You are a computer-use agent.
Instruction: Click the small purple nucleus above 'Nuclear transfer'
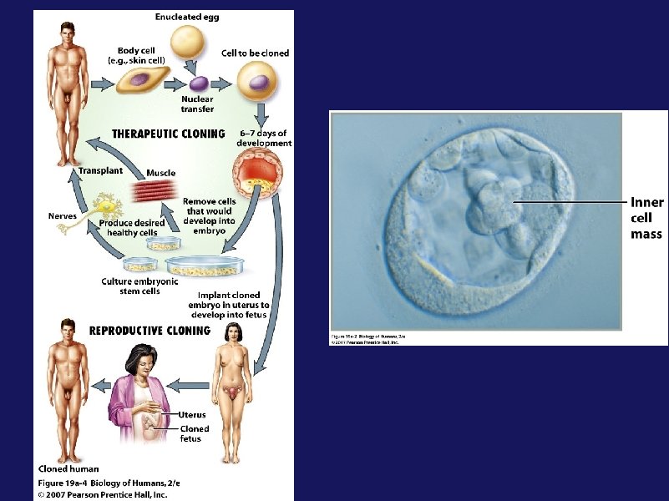click(x=200, y=83)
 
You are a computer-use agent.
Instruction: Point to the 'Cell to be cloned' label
click(x=255, y=53)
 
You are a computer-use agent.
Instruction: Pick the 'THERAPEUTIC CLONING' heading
click(x=168, y=133)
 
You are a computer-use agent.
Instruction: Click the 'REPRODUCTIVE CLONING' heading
click(x=150, y=330)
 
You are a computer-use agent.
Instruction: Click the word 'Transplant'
click(x=100, y=170)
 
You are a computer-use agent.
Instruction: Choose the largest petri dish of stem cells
click(x=205, y=266)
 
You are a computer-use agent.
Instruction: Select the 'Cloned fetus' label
click(x=195, y=433)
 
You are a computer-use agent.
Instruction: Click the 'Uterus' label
click(x=192, y=414)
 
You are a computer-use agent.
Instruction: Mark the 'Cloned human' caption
click(x=68, y=468)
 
